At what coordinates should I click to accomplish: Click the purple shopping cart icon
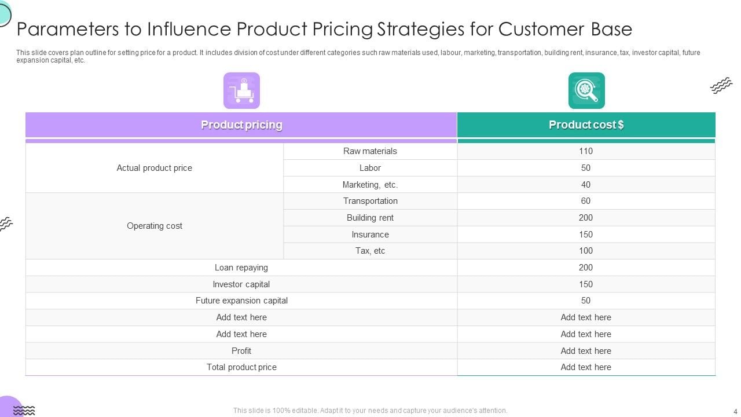[x=241, y=90]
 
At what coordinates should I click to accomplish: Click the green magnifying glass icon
[x=586, y=90]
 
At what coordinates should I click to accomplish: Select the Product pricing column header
[x=241, y=125]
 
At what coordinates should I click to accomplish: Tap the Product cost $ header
[x=586, y=125]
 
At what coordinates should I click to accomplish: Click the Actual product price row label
[x=154, y=168]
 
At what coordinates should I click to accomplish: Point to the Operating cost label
[x=154, y=226]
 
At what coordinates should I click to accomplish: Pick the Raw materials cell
[x=370, y=151]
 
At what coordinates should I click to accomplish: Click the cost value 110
[x=586, y=151]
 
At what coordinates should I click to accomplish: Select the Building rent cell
[x=370, y=218]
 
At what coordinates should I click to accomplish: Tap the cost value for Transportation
[x=586, y=201]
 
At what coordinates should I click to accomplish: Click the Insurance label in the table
[x=370, y=235]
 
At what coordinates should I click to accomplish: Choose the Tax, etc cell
[x=370, y=251]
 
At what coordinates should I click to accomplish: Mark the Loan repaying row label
[x=241, y=268]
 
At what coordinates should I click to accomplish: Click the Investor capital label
[x=241, y=284]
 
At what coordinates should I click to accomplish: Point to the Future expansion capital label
[x=241, y=301]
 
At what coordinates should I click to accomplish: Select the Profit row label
[x=241, y=351]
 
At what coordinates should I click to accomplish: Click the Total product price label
[x=241, y=367]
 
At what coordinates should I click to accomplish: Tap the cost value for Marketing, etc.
[x=586, y=185]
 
